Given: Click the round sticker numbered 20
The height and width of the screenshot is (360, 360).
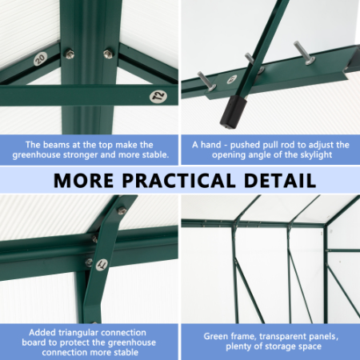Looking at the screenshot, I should click(40, 59).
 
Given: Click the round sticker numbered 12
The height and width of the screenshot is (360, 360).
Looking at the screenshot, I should click(156, 97).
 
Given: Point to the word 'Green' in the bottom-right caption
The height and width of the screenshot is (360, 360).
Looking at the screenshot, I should click(217, 337).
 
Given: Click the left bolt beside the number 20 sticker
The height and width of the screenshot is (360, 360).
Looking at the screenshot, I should click(70, 54).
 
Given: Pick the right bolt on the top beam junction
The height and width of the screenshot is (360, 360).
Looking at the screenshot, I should click(108, 54).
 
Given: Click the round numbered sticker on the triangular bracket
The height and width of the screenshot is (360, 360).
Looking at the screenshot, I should click(102, 264).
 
